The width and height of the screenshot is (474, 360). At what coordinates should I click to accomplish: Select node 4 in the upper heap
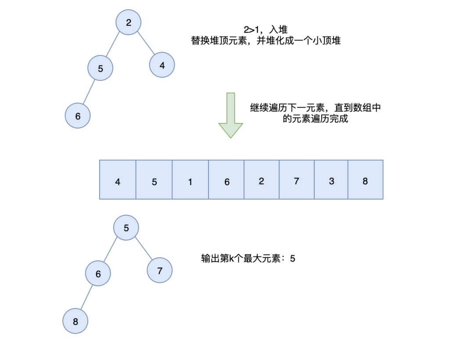[x=162, y=65]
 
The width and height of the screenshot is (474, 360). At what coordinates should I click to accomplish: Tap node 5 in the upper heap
[x=101, y=68]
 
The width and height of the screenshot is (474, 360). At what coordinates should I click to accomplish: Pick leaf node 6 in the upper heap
[x=78, y=116]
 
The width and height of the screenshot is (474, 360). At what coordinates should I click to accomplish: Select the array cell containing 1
[x=190, y=180]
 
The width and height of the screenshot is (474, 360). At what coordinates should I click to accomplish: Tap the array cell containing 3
[x=331, y=180]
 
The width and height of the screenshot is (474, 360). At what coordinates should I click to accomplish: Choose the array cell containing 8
[x=366, y=180]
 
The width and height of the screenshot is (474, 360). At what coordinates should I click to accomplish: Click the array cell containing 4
[x=118, y=180]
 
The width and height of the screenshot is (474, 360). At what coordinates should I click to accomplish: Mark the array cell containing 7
[x=297, y=180]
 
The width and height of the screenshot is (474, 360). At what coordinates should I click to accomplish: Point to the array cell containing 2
[x=262, y=180]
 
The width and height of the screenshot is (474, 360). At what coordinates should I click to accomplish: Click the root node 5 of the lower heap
[x=126, y=228]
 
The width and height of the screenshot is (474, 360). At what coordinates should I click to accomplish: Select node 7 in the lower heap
[x=160, y=270]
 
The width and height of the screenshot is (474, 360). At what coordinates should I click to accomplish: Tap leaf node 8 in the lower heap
[x=75, y=321]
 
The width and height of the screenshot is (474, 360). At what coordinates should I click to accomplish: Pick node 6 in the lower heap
[x=98, y=273]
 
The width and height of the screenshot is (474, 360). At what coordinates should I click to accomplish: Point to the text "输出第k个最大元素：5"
[x=248, y=259]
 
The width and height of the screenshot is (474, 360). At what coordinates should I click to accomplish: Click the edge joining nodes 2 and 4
[x=146, y=44]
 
